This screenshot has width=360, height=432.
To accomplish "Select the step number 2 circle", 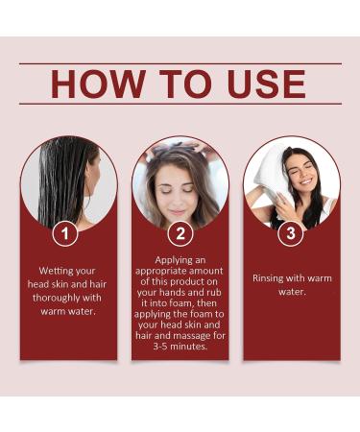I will pos(180,231).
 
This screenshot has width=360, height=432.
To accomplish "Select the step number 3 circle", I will pos(291,231).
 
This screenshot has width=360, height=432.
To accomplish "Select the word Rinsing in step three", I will pos(272,277).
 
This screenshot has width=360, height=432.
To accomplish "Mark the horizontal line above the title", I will pos(180,63).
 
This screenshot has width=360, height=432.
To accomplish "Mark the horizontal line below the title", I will pos(180,104).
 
